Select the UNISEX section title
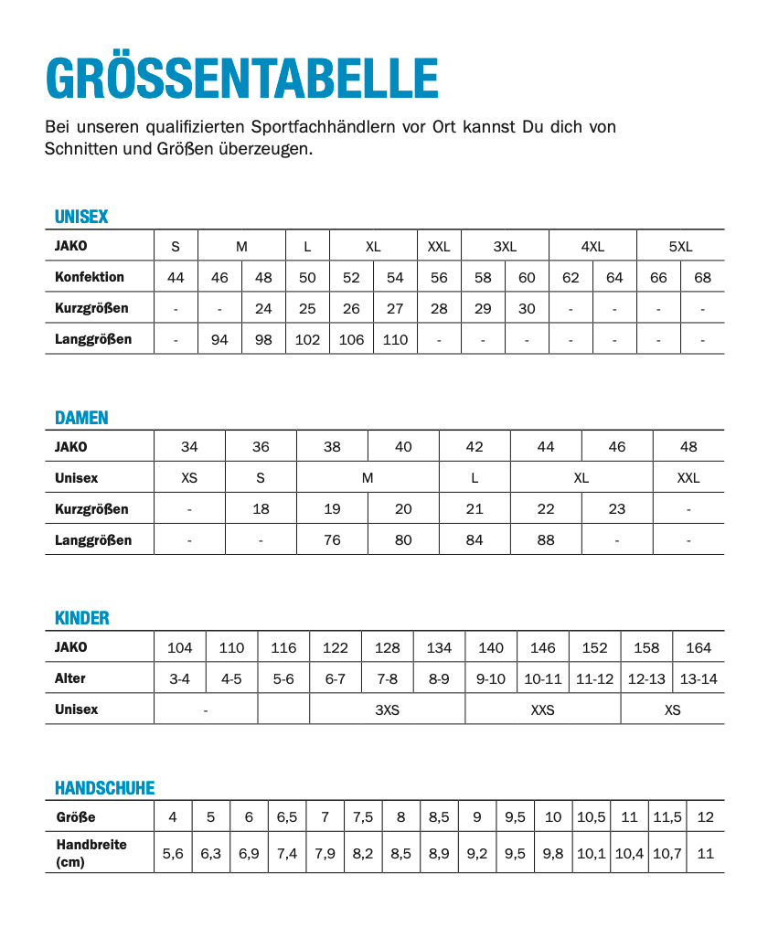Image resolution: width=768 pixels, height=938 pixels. (x=81, y=217)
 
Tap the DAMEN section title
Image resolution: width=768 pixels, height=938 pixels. (x=81, y=418)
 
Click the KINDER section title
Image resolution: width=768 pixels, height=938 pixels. (x=81, y=618)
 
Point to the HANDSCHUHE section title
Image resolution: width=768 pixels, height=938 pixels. (x=104, y=788)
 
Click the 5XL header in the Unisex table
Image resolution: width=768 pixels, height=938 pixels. (x=680, y=247)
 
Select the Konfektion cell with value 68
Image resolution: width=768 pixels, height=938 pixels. (x=702, y=278)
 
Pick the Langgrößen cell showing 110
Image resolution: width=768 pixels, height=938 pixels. (x=395, y=340)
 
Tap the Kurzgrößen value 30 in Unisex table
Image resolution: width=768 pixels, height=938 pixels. (x=527, y=309)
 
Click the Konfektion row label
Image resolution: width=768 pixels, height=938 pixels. (x=90, y=277)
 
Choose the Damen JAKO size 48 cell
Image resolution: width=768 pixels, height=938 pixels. (x=688, y=447)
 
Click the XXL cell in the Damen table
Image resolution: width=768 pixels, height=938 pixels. (x=688, y=478)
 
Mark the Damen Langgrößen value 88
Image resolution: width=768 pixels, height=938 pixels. (x=546, y=540)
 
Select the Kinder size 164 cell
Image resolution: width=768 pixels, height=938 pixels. (x=699, y=648)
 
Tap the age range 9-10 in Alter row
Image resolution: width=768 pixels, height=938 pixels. (x=491, y=679)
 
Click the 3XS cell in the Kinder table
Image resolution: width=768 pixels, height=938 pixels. (x=388, y=709)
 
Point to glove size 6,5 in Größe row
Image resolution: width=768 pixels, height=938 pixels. (x=287, y=817)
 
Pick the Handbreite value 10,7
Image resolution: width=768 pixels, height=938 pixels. (x=667, y=854)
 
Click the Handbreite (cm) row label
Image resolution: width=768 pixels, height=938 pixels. (x=91, y=854)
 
